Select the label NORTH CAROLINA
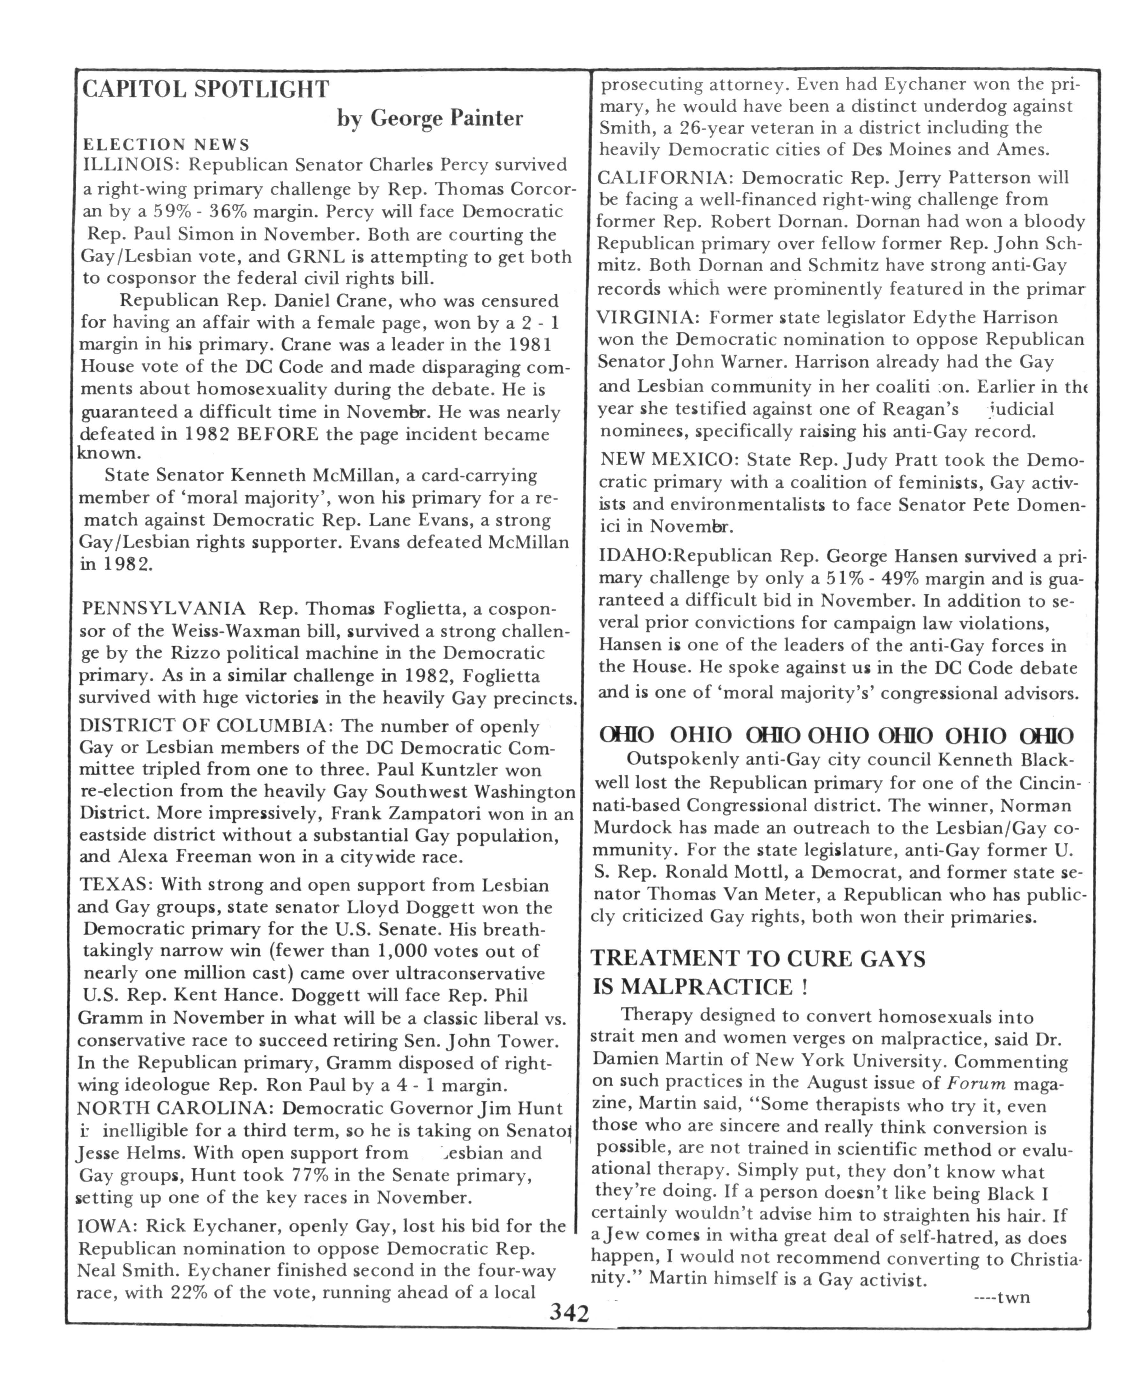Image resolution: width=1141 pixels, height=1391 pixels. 172,1108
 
